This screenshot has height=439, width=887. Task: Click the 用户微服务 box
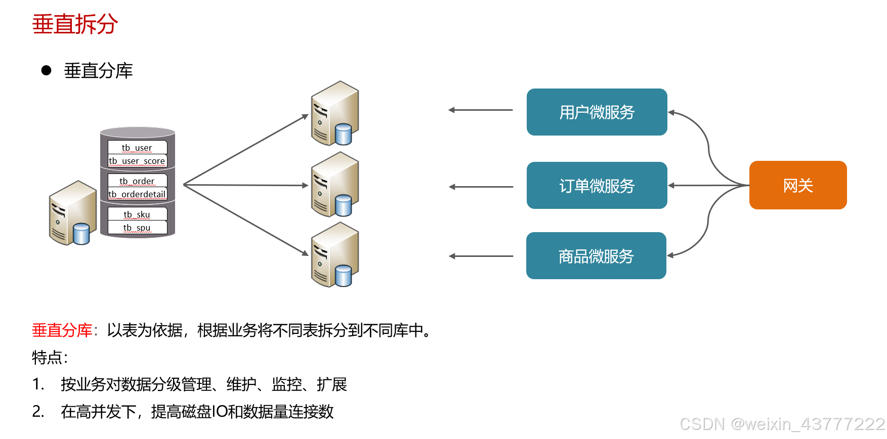(597, 112)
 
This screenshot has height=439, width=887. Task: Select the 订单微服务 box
(597, 186)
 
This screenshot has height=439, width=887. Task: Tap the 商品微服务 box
(596, 256)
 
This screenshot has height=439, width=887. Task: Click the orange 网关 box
(797, 185)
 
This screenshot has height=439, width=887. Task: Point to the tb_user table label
(137, 148)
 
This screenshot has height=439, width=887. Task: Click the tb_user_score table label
(137, 161)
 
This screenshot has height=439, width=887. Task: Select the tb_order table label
(137, 181)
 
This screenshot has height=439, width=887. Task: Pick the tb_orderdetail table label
(137, 194)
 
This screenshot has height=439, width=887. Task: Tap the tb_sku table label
(137, 214)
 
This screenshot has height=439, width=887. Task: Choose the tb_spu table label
(137, 228)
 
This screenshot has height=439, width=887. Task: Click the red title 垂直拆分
(75, 24)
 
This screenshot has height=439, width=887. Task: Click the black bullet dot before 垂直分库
(47, 70)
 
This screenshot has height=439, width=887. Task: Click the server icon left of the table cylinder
(72, 213)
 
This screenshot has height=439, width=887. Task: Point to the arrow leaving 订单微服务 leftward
(481, 187)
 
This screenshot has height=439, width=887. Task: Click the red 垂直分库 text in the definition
(62, 330)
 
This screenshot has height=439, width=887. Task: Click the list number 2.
(38, 411)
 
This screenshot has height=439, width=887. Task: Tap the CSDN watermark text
(782, 424)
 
